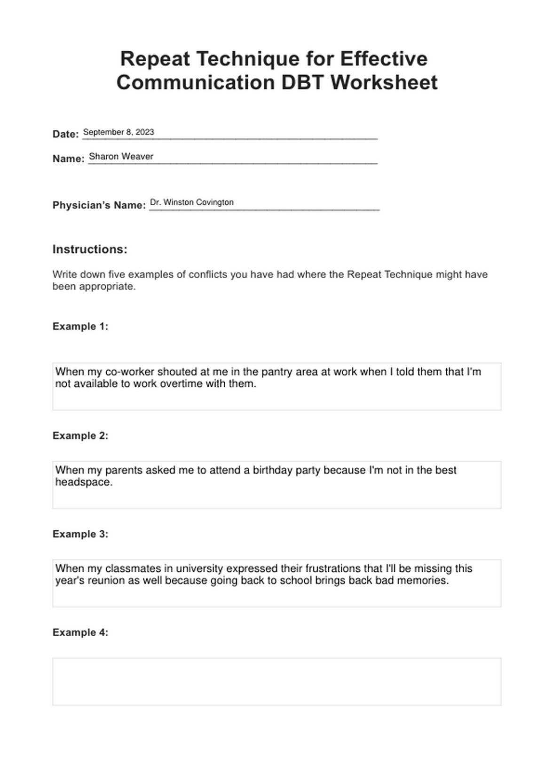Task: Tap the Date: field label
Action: (65, 134)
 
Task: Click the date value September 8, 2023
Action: (118, 132)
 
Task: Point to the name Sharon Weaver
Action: (121, 157)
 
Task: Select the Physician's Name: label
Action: (99, 205)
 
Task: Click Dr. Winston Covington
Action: (191, 202)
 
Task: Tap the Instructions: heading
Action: (90, 249)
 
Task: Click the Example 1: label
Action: (80, 327)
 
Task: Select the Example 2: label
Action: (80, 436)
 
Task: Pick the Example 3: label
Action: (80, 534)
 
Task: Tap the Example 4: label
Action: (80, 632)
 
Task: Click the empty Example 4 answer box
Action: (276, 681)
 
